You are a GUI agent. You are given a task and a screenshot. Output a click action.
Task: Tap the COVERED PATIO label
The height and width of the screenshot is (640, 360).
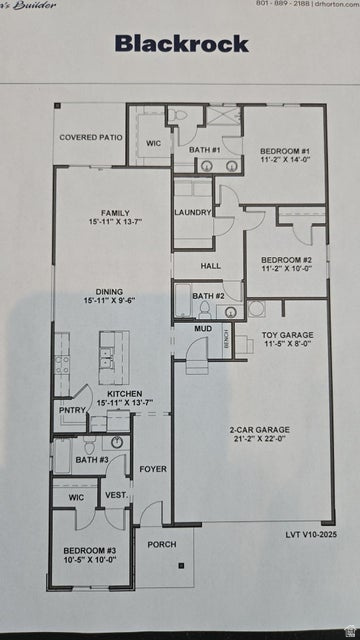[92, 137]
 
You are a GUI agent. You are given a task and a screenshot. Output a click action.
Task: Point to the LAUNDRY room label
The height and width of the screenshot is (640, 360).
[192, 213]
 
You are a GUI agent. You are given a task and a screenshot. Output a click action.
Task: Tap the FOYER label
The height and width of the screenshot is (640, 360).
[153, 468]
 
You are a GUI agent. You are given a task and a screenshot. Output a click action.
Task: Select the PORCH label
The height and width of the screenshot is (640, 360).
[162, 545]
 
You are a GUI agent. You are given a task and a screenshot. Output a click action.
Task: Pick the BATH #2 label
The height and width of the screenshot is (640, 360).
[208, 296]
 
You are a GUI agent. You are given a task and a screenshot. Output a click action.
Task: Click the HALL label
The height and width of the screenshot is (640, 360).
[210, 266]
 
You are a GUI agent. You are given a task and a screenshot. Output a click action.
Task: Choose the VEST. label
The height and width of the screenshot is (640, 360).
[116, 496]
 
